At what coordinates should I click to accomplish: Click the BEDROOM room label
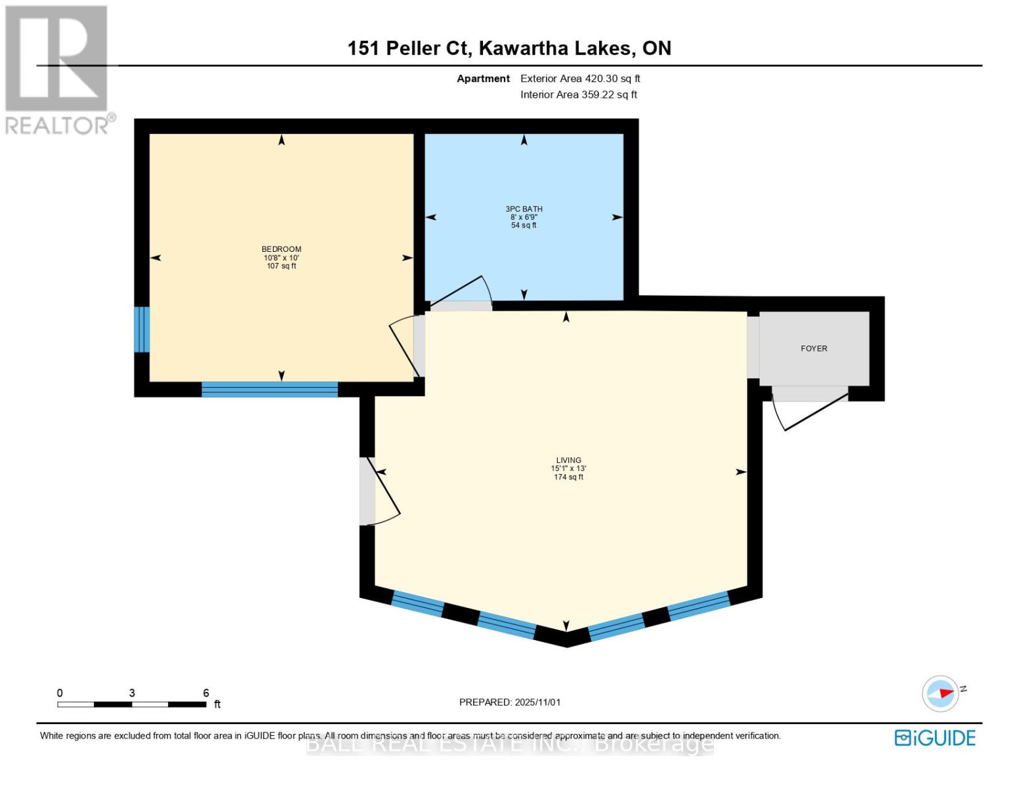tap(281, 249)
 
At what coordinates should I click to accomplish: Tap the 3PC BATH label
tap(524, 209)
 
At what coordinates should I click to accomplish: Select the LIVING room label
tap(568, 460)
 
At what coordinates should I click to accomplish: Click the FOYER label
tap(814, 349)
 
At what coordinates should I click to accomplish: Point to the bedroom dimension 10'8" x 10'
tap(281, 258)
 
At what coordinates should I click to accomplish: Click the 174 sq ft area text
tap(568, 477)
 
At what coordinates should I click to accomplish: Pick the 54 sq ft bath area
tap(524, 226)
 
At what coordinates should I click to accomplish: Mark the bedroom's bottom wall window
tap(269, 390)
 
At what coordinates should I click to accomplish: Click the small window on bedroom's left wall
tap(142, 329)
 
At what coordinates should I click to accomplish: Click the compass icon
tap(941, 693)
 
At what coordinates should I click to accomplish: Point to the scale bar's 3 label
tap(132, 693)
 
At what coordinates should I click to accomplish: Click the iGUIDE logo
tap(935, 738)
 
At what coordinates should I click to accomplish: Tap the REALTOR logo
tap(58, 69)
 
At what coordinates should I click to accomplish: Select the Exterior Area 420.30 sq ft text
tap(580, 79)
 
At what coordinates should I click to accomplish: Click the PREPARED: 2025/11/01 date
tap(510, 702)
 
